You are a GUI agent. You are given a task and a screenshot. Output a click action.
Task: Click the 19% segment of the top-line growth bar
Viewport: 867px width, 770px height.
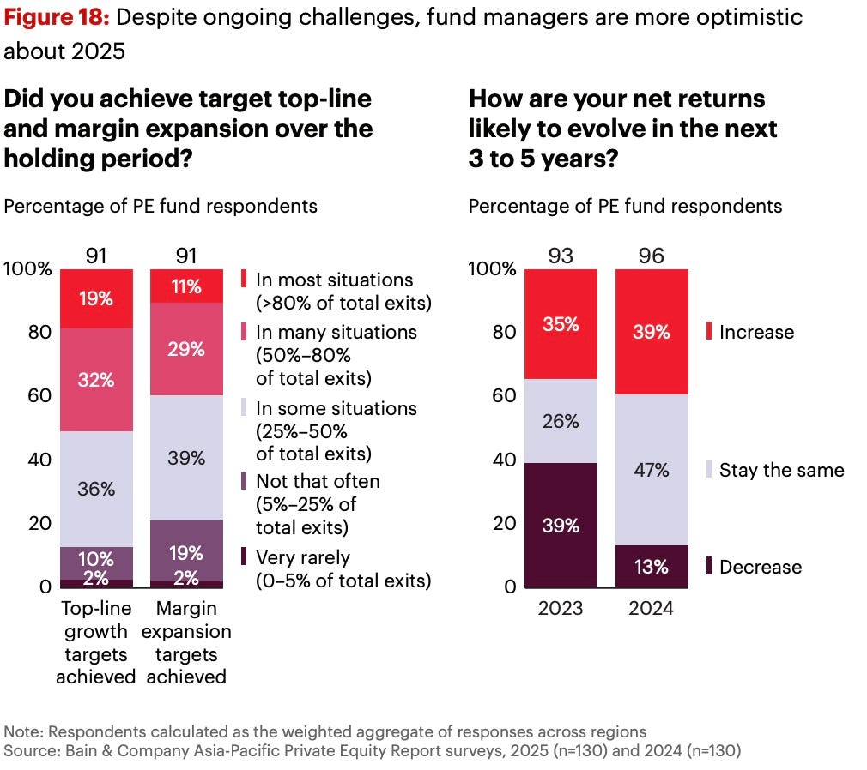coord(96,298)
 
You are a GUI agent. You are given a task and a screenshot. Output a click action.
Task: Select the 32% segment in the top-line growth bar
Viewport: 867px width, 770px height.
coord(96,379)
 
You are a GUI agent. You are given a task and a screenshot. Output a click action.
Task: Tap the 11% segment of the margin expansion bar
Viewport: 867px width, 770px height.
coord(186,286)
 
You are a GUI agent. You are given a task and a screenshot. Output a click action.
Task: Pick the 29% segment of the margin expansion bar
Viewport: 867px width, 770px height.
coord(186,348)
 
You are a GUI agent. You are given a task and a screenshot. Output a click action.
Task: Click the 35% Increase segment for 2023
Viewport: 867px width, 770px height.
coord(561,323)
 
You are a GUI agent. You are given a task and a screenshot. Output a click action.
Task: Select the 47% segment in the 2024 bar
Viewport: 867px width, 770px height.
coord(652,470)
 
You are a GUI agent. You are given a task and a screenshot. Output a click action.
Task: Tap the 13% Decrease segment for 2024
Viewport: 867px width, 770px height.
coord(652,567)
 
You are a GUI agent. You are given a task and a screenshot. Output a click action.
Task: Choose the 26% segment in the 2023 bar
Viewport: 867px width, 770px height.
coord(561,421)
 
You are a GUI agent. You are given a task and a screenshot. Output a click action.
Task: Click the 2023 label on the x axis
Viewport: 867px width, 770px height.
coord(561,609)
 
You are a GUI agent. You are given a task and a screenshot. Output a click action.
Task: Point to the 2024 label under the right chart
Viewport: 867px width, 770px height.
coord(652,609)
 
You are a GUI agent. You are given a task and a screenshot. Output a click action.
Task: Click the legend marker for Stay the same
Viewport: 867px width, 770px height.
coord(709,470)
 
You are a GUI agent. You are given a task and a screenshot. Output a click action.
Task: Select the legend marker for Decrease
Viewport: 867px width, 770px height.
coord(709,567)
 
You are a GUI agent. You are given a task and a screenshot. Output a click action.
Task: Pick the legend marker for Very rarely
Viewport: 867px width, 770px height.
coord(245,557)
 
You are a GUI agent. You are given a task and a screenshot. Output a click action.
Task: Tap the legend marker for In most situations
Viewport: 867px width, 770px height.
coord(245,280)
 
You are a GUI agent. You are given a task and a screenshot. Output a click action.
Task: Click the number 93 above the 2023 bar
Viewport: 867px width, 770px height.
coord(561,256)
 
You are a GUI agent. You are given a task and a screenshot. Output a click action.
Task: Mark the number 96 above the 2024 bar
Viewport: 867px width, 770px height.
coord(652,256)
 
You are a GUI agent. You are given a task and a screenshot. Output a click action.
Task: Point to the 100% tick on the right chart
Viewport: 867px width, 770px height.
coord(493,269)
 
